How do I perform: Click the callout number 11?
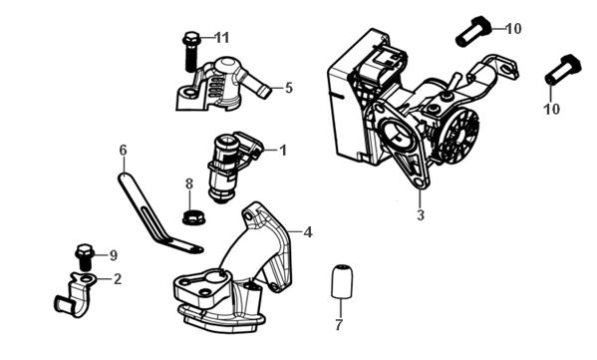click(x=222, y=38)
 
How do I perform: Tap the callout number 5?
click(x=289, y=88)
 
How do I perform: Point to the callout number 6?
click(x=123, y=151)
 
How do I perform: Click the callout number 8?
click(x=189, y=184)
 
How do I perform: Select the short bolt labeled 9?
click(x=85, y=257)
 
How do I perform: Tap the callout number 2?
click(x=118, y=279)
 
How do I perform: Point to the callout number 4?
click(x=308, y=231)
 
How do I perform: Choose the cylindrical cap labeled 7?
click(x=342, y=281)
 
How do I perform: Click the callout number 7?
click(x=339, y=325)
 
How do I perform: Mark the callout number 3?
click(x=421, y=215)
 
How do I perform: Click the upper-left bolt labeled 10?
click(x=473, y=31)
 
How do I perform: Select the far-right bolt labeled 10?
click(x=563, y=70)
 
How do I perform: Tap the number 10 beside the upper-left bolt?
click(x=513, y=29)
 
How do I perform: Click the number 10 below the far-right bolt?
click(x=552, y=110)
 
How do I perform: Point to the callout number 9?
click(x=113, y=255)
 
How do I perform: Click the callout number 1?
click(x=282, y=151)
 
